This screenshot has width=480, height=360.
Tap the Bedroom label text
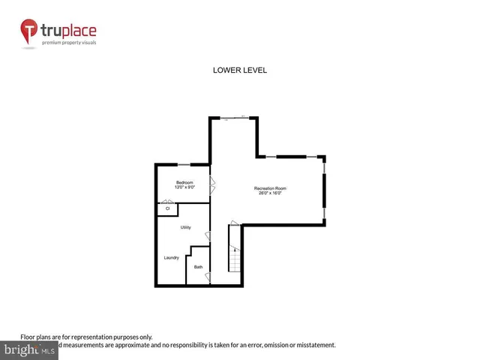[185, 182]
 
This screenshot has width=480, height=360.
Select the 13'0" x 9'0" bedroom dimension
[185, 187]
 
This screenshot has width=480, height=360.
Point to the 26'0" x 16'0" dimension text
[269, 193]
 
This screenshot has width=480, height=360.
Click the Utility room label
[186, 227]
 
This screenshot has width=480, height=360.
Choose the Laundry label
[172, 258]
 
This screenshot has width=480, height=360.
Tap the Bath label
[198, 267]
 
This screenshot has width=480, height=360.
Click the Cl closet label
[167, 208]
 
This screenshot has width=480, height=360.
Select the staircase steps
[235, 260]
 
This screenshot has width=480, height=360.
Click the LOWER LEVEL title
[241, 70]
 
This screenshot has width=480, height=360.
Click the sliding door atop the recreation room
[235, 118]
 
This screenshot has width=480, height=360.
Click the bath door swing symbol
[208, 277]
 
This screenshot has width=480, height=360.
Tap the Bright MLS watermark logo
[29, 349]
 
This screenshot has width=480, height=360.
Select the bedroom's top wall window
[184, 164]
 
